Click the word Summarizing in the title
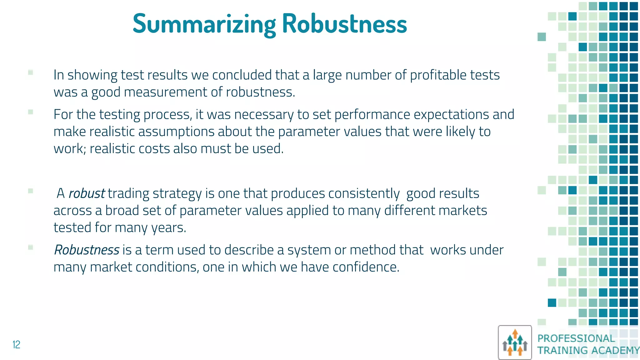[x=204, y=24]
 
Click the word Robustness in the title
[x=344, y=24]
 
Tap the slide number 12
[x=16, y=344]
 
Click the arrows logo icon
[x=515, y=342]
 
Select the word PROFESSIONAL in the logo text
[x=576, y=338]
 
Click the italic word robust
[x=87, y=193]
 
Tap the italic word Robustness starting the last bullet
[x=87, y=250]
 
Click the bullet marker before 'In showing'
[x=31, y=72]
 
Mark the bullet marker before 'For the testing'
[x=31, y=112]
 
